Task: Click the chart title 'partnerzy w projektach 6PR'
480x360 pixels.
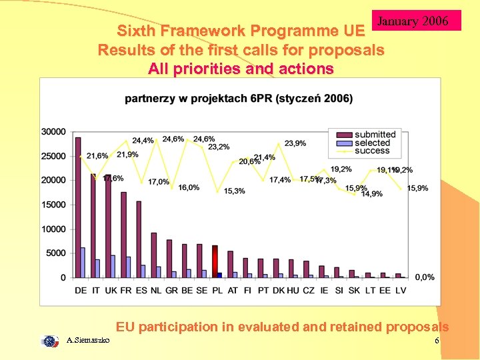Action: (x=239, y=99)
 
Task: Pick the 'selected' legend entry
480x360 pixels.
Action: (x=372, y=143)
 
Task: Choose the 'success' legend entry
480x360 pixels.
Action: (x=372, y=151)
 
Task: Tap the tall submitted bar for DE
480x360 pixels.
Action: (x=78, y=207)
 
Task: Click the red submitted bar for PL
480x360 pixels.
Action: (x=215, y=261)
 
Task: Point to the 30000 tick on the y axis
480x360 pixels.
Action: (x=53, y=131)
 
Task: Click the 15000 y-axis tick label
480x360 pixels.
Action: (x=53, y=205)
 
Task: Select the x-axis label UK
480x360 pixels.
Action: (x=111, y=290)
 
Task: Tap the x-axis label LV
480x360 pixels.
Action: (x=401, y=290)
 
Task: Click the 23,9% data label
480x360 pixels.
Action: (x=295, y=143)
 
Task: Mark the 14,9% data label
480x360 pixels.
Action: (x=372, y=194)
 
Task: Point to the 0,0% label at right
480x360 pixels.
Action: (x=424, y=277)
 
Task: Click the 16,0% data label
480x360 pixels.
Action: (x=189, y=188)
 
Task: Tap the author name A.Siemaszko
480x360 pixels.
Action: (x=89, y=341)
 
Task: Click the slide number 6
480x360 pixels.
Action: (x=437, y=341)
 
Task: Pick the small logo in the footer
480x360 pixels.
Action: (x=50, y=341)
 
